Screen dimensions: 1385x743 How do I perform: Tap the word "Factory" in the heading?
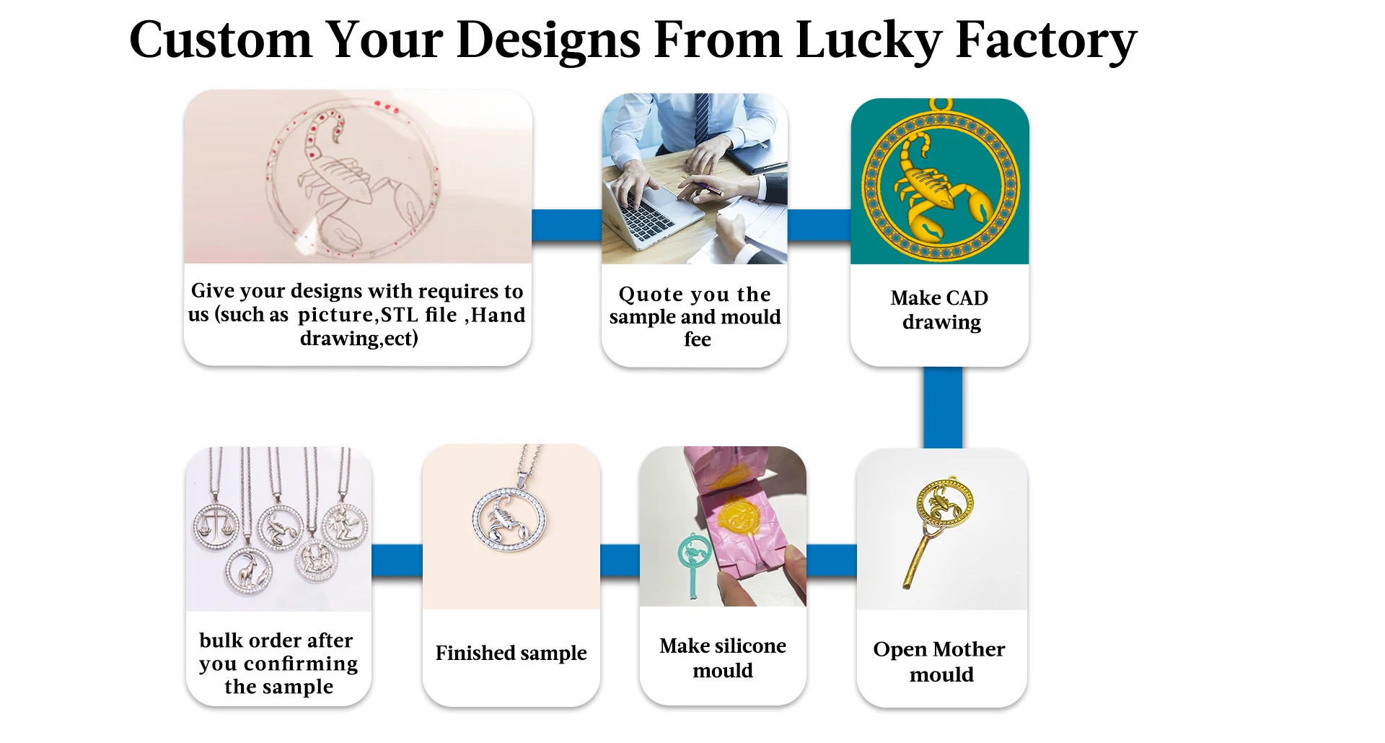(x=1046, y=40)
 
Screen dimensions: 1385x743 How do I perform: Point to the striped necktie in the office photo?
(x=701, y=118)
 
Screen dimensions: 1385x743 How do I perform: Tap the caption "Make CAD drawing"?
(x=940, y=310)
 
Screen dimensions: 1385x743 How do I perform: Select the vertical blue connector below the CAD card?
(x=943, y=407)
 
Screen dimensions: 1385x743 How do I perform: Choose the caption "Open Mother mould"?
(x=939, y=661)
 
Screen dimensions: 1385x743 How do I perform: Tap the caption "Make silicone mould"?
(x=723, y=658)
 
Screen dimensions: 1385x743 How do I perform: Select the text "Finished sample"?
(x=511, y=653)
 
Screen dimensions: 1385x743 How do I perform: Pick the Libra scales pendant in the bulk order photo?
(x=216, y=526)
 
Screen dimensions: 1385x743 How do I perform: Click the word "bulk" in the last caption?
(x=221, y=640)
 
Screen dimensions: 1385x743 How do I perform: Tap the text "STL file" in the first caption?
(x=418, y=315)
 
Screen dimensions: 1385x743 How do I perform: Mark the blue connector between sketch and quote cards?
(x=567, y=225)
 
